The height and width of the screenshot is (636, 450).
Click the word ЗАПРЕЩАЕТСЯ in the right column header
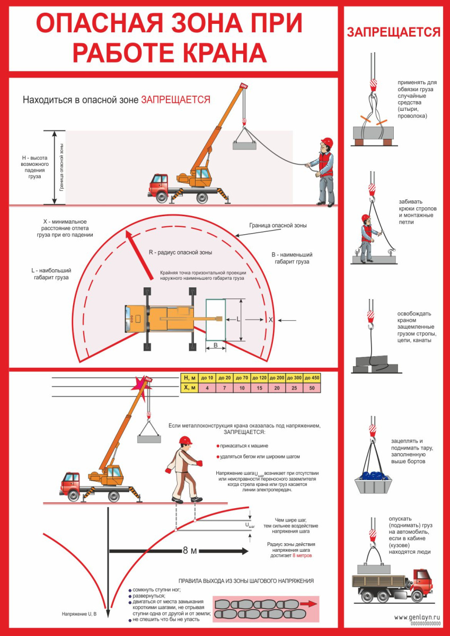pyautogui.click(x=393, y=32)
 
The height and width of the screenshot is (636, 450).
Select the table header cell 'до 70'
pyautogui.click(x=242, y=378)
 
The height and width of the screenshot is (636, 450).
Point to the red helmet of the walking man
pyautogui.click(x=185, y=440)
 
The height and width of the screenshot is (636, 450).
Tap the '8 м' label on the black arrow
pyautogui.click(x=189, y=551)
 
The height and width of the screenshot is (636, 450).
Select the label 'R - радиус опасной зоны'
pyautogui.click(x=180, y=252)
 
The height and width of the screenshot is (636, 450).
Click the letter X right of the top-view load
pyautogui.click(x=270, y=320)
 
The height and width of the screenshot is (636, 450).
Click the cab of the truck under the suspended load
pyautogui.click(x=417, y=581)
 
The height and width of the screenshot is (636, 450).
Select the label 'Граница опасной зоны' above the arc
pyautogui.click(x=278, y=225)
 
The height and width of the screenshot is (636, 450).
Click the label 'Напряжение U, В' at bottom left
pyautogui.click(x=79, y=614)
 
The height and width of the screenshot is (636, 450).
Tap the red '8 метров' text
pyautogui.click(x=302, y=556)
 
